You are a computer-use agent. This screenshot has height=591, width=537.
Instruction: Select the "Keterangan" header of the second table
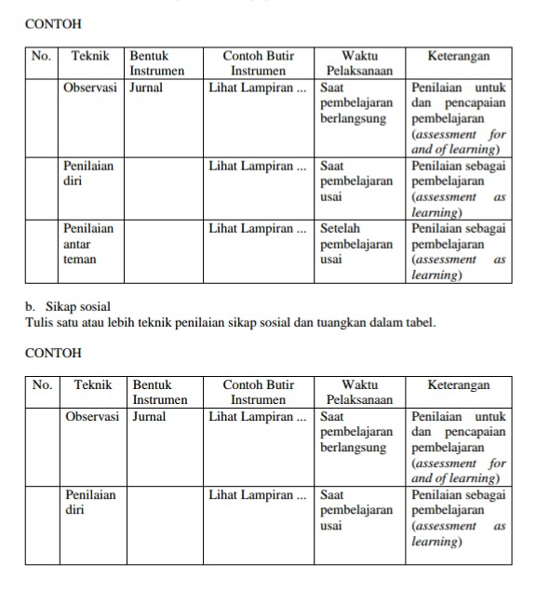point(459,384)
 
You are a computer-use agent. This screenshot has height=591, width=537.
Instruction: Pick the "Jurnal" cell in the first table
point(146,87)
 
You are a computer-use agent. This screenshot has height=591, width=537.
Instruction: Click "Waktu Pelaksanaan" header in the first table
point(354,62)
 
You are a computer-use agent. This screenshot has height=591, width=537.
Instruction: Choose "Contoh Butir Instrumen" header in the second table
point(258,391)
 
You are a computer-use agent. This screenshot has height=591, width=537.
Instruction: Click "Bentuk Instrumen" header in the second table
point(159,391)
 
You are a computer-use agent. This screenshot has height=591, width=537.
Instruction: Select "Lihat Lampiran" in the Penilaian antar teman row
point(257,227)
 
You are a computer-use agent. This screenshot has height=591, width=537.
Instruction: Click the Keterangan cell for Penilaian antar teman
point(459,251)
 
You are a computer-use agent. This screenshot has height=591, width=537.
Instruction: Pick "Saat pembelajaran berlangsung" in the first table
point(356,103)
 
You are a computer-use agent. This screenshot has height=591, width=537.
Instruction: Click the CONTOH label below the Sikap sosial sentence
point(53,353)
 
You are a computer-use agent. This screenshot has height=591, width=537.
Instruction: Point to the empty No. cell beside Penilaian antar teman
point(42,251)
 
